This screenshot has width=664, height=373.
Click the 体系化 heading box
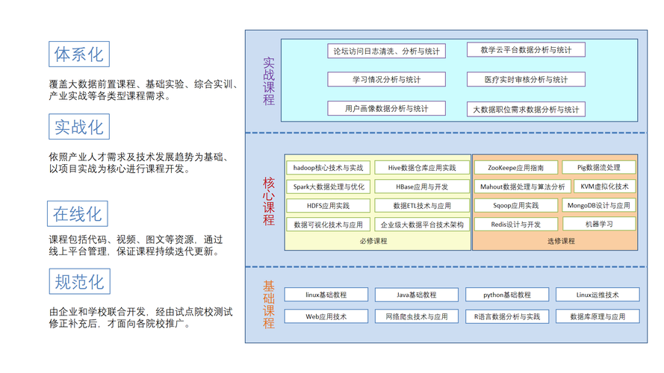coord(79,54)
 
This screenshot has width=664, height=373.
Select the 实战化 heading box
coord(79,127)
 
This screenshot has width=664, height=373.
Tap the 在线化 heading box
coord(78,213)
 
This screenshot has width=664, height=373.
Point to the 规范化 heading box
coord(80,281)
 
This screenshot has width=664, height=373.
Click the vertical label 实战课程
coord(268,81)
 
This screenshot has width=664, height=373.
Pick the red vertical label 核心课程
coord(268,201)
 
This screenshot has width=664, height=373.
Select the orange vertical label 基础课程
coord(268,304)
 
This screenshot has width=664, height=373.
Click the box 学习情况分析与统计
coord(387,79)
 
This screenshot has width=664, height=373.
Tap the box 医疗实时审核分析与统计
coord(526,79)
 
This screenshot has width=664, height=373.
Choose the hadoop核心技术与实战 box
coord(328,167)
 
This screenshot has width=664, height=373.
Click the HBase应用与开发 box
coord(422,186)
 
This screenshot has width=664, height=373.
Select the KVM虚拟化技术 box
coord(604,186)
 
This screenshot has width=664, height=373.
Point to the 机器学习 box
coord(599,224)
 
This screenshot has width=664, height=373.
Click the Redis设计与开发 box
coord(516,224)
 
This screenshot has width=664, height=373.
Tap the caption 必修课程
coord(373,241)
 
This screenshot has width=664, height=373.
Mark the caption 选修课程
coord(561,241)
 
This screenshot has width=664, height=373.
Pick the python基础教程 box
coord(507,295)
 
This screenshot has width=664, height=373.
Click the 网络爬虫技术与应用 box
coord(417,316)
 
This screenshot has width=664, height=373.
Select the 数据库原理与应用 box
coord(598,316)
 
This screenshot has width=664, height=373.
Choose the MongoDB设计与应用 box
coord(599,205)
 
